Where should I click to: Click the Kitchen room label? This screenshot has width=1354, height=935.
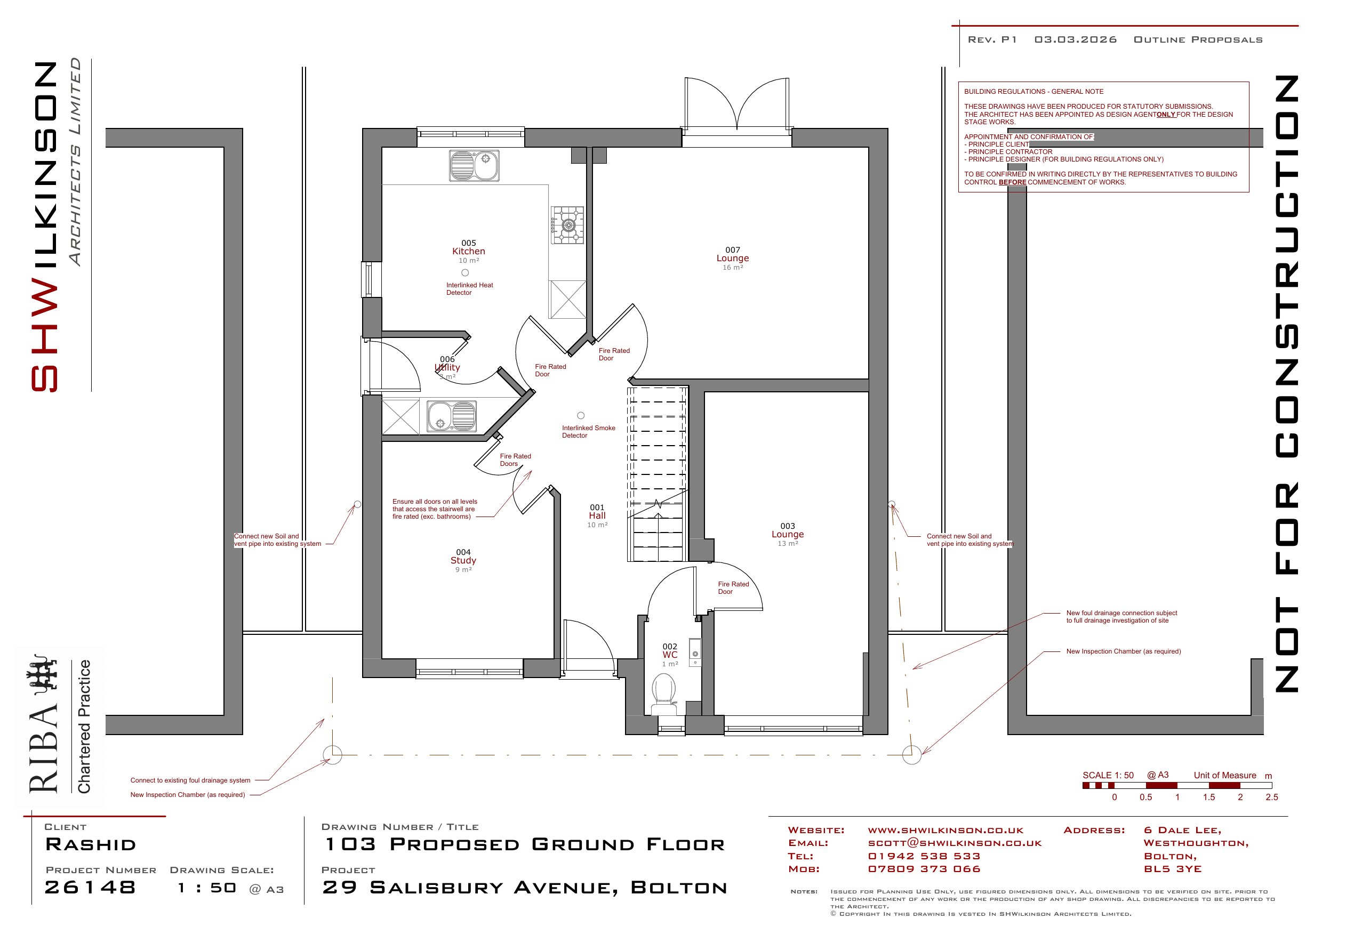[468, 251]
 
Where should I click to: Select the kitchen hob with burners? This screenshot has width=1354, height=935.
[567, 225]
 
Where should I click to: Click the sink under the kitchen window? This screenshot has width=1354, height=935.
[474, 165]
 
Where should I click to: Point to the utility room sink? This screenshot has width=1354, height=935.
[451, 415]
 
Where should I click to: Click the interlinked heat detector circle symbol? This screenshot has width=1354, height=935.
[465, 272]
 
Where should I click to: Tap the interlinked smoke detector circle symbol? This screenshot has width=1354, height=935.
[581, 415]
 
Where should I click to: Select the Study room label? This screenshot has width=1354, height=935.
[463, 561]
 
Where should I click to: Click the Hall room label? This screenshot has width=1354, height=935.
[597, 516]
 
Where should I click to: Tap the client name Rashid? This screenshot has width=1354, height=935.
[91, 844]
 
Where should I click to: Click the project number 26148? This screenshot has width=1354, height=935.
[91, 887]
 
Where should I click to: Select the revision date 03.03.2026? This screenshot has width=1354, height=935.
[1075, 40]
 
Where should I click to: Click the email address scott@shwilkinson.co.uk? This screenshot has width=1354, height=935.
[955, 843]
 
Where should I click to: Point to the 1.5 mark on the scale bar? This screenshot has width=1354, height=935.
[1209, 797]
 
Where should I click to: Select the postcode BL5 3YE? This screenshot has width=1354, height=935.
[1172, 869]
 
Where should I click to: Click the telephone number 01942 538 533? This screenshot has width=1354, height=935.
[924, 856]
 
